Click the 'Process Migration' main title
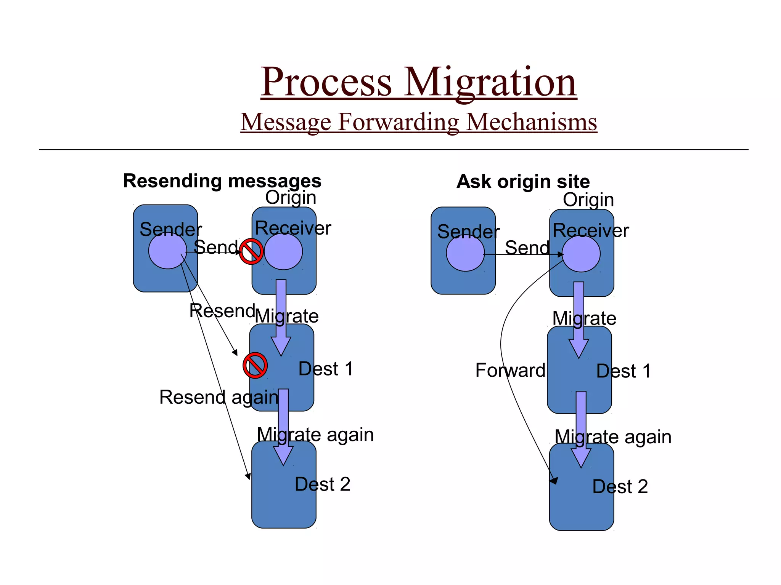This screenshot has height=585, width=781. coord(418,82)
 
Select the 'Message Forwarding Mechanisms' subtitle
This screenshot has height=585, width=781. coord(418,122)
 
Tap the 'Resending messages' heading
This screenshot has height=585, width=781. coord(222,181)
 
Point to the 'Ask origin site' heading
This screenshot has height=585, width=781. coord(523,182)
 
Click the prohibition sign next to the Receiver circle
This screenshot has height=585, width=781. coord(251,251)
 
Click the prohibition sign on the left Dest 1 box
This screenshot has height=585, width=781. coord(255,365)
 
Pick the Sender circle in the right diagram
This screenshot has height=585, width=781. coord(465,253)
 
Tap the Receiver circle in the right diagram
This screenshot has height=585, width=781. coord(581,254)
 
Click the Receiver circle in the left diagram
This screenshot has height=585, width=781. coord(283,251)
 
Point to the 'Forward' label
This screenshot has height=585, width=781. coord(510,370)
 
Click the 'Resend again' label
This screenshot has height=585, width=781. coord(219,397)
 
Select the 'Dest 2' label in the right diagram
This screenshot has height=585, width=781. coord(620,486)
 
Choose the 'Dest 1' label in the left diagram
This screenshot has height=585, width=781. coord(326,369)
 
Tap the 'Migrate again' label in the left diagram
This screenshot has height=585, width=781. coord(315,435)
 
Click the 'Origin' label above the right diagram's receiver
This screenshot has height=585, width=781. coord(588,200)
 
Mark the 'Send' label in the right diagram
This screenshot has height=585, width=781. coord(527,248)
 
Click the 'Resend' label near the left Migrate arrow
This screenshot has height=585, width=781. coord(222,311)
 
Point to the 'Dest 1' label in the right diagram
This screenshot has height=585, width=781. coord(623,371)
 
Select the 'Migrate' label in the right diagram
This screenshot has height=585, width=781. coord(584,318)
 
